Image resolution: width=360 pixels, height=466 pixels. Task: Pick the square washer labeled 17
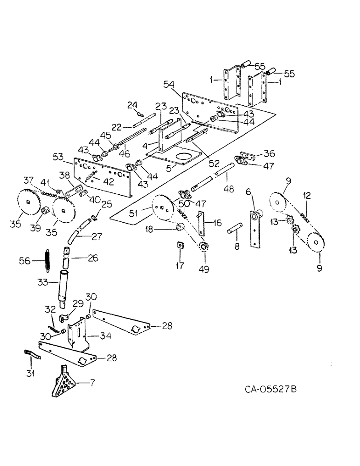(x=180, y=246)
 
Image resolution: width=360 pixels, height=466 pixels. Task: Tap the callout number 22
(x=117, y=126)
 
